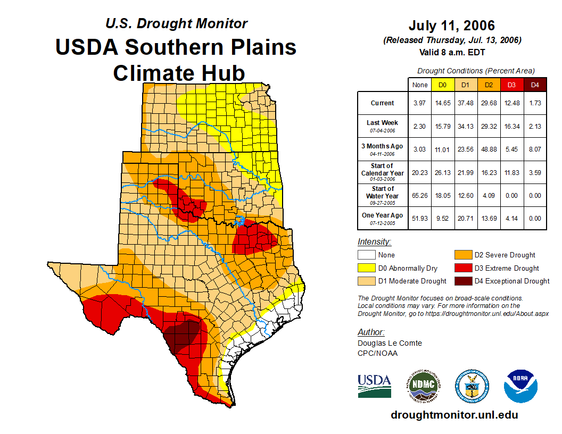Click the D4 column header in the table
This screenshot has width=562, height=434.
coord(535,85)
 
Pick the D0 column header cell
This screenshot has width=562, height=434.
coord(442,85)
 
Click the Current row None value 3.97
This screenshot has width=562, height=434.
coord(420,103)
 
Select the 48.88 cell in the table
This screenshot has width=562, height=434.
coord(489,149)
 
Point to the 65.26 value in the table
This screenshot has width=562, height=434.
coord(420,196)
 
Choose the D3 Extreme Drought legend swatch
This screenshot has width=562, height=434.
coord(461,268)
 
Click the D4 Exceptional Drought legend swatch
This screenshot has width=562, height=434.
coord(461,281)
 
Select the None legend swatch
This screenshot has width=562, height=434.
coord(366,255)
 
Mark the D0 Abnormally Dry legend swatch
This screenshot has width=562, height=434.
coord(366,268)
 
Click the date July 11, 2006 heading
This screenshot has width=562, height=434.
coord(452,26)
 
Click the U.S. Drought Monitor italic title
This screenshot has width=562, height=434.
coord(177,23)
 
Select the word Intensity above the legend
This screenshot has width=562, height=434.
coord(374,242)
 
